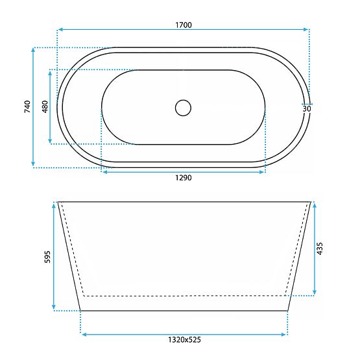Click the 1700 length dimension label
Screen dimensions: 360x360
(x=183, y=25)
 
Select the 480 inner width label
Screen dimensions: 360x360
(x=45, y=107)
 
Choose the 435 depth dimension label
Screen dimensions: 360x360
(x=319, y=248)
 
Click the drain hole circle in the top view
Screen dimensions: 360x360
(x=184, y=107)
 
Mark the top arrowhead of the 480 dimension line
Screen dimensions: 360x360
(x=50, y=72)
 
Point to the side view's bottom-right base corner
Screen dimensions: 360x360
(x=287, y=310)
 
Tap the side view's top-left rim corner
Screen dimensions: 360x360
(x=58, y=202)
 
